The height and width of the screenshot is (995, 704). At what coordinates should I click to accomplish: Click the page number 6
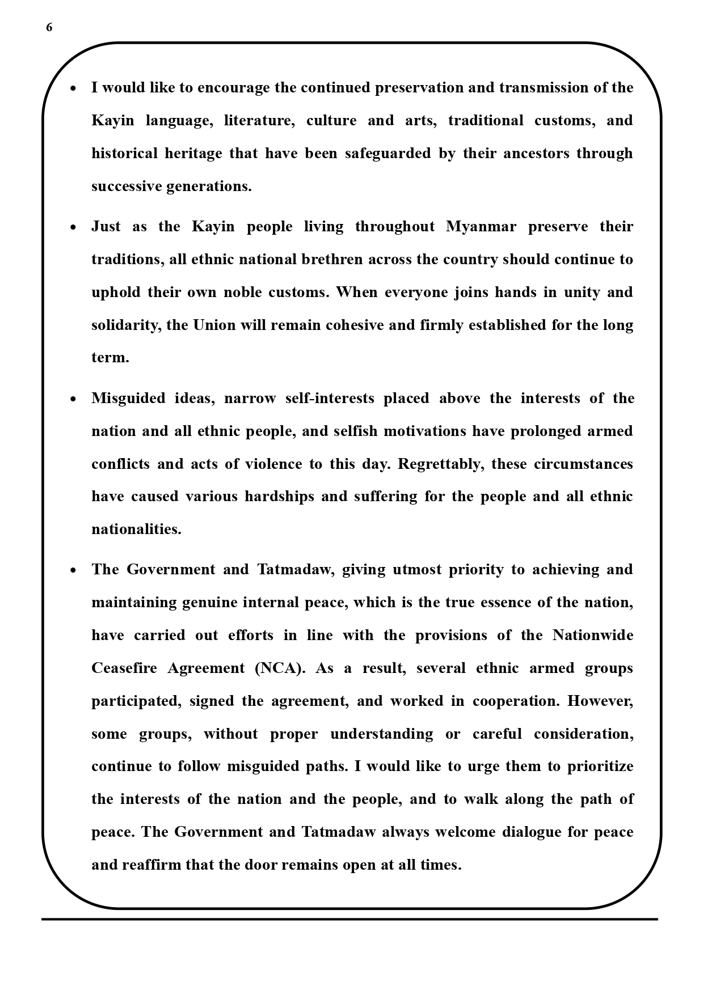[49, 28]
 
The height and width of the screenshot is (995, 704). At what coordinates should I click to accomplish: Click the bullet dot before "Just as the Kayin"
[73, 227]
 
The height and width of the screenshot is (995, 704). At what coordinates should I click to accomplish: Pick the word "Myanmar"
[481, 227]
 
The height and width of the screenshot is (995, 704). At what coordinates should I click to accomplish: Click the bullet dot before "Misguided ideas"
[73, 399]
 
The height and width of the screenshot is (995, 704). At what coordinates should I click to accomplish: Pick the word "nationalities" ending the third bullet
[136, 530]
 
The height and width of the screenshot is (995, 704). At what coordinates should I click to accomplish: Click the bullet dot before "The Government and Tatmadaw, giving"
[73, 570]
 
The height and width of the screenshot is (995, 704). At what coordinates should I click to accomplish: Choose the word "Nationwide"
[593, 636]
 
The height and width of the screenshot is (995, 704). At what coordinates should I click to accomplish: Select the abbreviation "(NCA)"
[280, 668]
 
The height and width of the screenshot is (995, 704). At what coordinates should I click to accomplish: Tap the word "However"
[600, 701]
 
